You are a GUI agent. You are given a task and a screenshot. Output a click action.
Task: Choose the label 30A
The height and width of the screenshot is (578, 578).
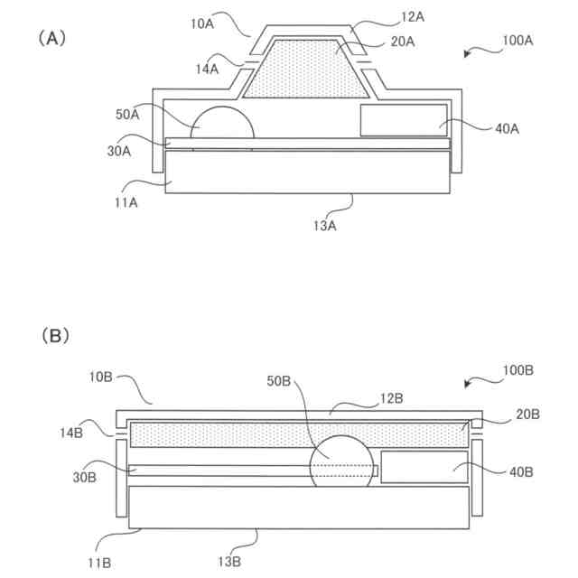pos(119,151)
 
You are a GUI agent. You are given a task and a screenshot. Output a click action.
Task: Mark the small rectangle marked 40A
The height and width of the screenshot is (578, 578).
pos(403,120)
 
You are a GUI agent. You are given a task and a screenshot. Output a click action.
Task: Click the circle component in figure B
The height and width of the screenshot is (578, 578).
pos(341,461)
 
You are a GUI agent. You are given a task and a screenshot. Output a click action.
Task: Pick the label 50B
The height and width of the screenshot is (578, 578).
pos(279,381)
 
